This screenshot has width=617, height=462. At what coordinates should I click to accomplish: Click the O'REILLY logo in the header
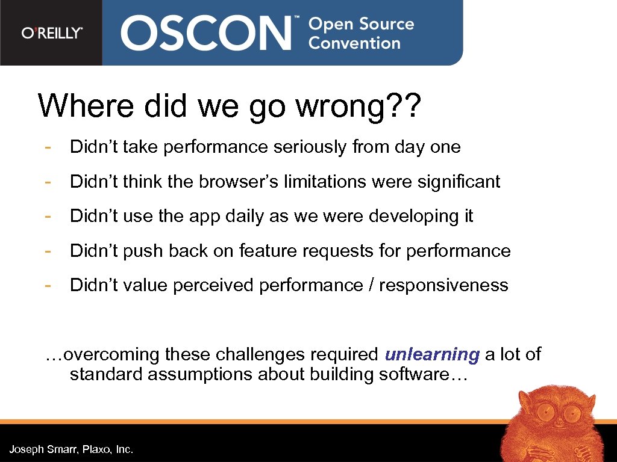point(52,33)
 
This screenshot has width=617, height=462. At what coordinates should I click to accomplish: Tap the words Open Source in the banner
point(361,24)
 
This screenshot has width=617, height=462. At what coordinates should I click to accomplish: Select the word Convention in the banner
point(354,43)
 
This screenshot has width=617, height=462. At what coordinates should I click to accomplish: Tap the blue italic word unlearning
point(432,355)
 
